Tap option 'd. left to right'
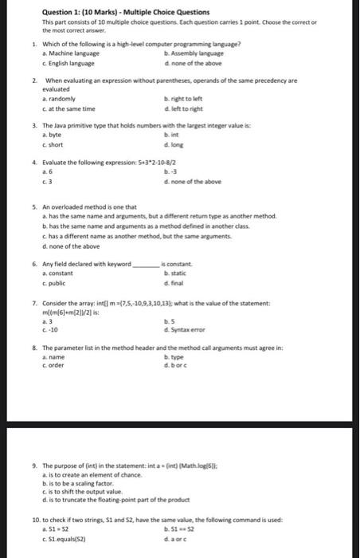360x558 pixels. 185,108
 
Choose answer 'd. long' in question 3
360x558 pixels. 173,143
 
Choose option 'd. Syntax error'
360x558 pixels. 185,330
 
